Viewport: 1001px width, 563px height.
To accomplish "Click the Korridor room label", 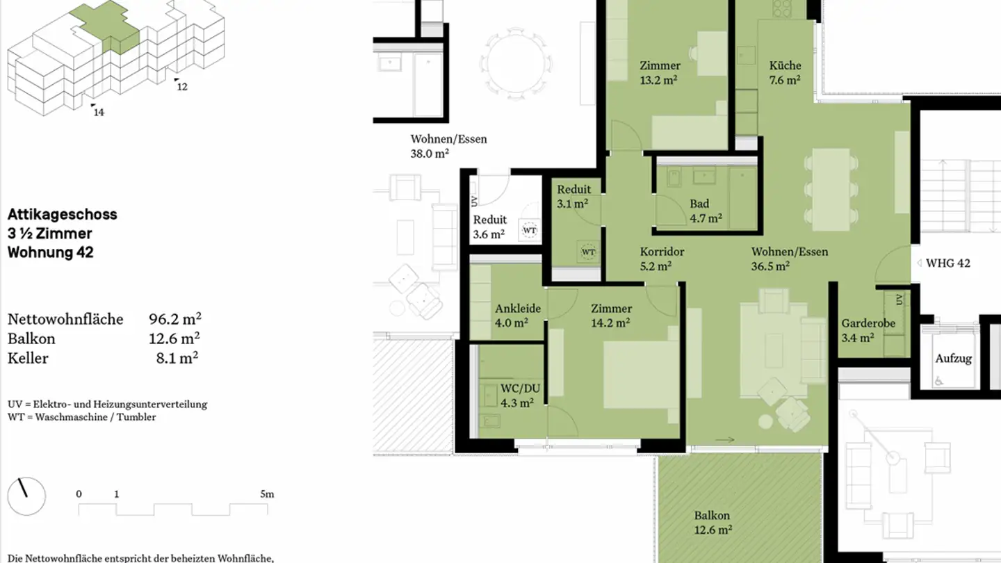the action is click(662, 252).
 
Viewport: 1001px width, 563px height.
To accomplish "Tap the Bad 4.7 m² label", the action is click(706, 211).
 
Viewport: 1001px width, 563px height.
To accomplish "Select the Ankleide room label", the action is click(517, 309).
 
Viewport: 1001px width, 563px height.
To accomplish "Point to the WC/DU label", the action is click(520, 389).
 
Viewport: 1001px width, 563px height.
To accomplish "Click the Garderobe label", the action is click(868, 323).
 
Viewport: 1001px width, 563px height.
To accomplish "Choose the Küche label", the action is click(786, 65).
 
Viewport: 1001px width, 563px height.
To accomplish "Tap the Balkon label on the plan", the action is click(712, 516).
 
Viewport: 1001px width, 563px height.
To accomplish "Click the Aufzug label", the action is click(954, 359).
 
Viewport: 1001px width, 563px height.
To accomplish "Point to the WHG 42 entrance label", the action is click(948, 263).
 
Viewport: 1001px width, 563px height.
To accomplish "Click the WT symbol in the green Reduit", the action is click(588, 252).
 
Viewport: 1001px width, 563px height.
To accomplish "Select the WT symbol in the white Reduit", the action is click(530, 231).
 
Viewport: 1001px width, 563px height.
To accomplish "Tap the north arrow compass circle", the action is click(26, 496).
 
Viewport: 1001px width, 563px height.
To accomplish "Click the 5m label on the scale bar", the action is click(267, 494).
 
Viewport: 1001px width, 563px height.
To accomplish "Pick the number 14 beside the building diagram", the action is click(99, 113).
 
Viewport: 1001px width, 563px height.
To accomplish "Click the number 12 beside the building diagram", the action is click(182, 87).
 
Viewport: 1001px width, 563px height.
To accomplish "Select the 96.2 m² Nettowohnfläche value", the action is click(174, 319).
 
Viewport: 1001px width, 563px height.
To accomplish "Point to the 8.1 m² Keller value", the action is click(177, 358).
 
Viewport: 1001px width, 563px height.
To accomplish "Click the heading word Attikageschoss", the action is click(62, 215).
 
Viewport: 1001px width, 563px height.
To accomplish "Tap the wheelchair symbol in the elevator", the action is click(939, 381).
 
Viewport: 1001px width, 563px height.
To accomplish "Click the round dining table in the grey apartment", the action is click(516, 63).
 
